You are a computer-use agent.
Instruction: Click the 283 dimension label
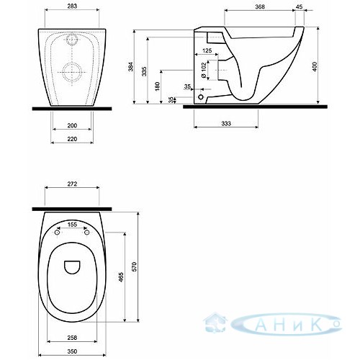pyautogui.click(x=72, y=6)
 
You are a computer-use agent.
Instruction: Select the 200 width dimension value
pyautogui.click(x=72, y=125)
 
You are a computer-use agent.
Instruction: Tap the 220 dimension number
pyautogui.click(x=72, y=139)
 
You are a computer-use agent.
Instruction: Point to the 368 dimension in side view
pyautogui.click(x=260, y=6)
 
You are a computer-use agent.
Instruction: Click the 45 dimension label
pyautogui.click(x=299, y=6)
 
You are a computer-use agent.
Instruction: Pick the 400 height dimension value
pyautogui.click(x=315, y=66)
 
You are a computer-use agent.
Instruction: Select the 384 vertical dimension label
pyautogui.click(x=130, y=66)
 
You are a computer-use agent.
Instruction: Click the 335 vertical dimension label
pyautogui.click(x=144, y=71)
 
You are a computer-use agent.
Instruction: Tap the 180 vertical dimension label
pyautogui.click(x=157, y=86)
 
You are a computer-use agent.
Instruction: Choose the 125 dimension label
pyautogui.click(x=207, y=50)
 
